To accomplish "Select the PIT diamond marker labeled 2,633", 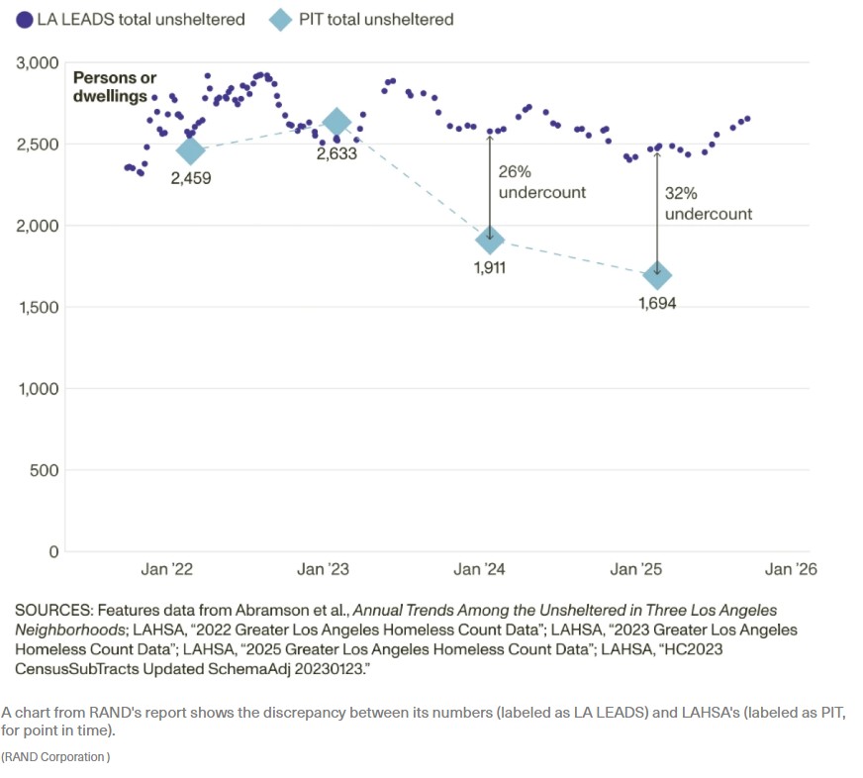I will point(336,122).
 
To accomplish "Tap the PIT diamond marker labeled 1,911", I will point(489,240).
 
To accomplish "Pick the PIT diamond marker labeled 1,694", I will point(657,275).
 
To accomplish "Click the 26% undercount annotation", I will point(540,182).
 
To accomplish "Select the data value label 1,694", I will point(657,304).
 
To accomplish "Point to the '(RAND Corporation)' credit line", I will point(55,757).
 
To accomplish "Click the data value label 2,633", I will point(336,154).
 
